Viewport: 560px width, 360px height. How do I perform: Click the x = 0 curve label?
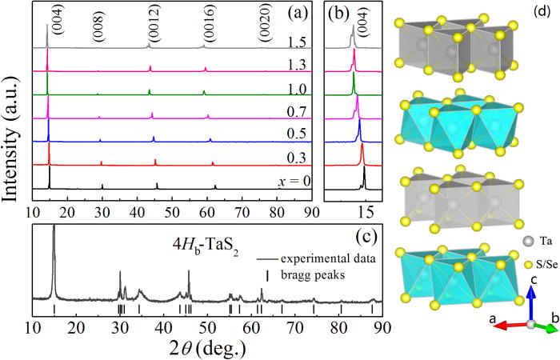tap(294, 180)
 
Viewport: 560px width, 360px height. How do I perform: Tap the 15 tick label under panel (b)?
tap(366, 212)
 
